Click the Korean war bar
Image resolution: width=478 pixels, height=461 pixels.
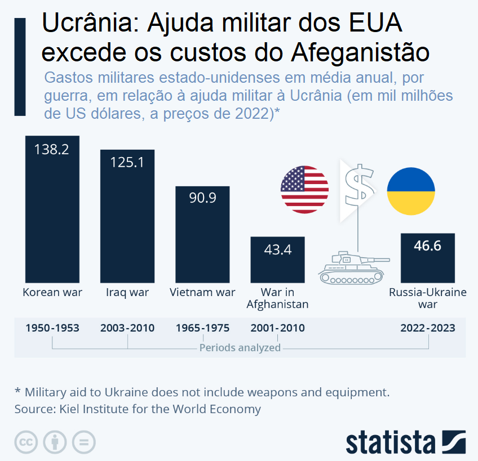[52, 214]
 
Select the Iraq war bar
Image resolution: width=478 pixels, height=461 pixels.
[127, 220]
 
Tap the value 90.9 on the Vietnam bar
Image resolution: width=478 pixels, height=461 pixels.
[202, 198]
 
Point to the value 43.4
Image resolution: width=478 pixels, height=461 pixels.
[277, 249]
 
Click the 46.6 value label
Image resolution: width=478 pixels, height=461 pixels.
[427, 246]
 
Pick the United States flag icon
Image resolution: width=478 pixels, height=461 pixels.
[304, 190]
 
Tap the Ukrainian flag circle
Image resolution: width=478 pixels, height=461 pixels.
[410, 190]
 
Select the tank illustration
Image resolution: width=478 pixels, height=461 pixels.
[352, 267]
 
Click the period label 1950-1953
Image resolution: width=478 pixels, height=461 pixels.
[52, 328]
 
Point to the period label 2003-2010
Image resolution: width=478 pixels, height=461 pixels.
[127, 328]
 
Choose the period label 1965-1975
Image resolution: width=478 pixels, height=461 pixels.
[202, 328]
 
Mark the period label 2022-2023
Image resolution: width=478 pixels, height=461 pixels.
[427, 328]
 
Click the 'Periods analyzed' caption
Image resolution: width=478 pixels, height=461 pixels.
[240, 348]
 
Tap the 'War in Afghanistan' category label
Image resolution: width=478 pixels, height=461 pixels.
[277, 298]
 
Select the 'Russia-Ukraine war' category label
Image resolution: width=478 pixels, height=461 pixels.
[427, 298]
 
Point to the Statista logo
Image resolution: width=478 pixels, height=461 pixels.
[405, 442]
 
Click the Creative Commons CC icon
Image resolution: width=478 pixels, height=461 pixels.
[26, 442]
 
